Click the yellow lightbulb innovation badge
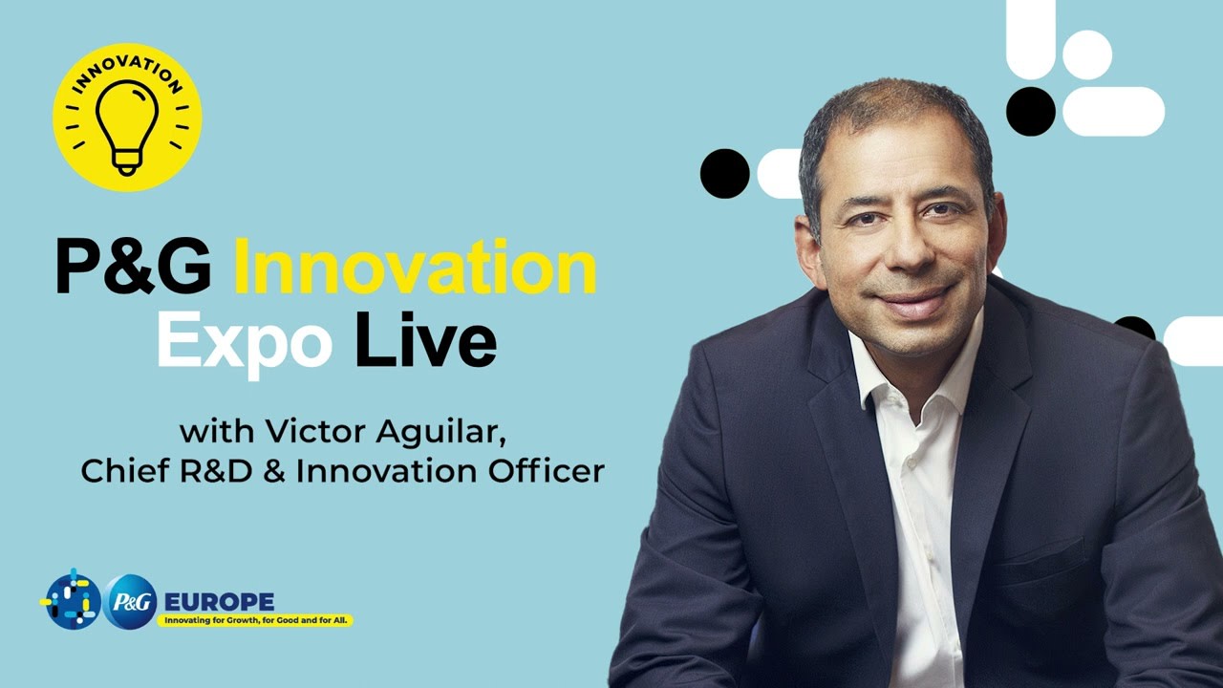127,118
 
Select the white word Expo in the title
245,344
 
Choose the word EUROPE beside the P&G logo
219,602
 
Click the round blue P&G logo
130,602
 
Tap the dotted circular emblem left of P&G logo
72,600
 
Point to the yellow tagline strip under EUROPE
256,621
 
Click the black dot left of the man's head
724,174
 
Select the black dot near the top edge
1030,111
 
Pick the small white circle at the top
1087,54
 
